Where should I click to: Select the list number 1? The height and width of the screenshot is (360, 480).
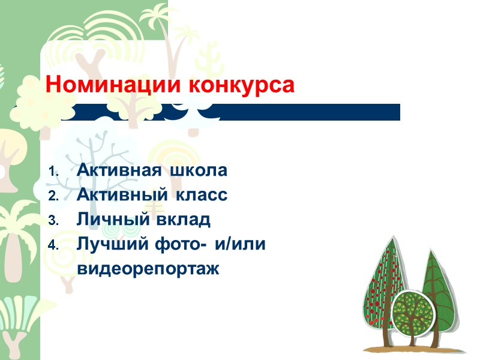[x=53, y=172]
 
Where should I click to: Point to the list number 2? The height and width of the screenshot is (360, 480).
[x=53, y=196]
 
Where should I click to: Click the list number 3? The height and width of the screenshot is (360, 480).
[x=53, y=221]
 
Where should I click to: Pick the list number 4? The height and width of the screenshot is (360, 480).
[x=53, y=245]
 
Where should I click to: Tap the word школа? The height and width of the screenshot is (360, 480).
[x=199, y=171]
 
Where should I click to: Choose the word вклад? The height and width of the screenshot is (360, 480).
[x=184, y=220]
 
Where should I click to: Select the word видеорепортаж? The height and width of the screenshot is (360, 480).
[x=149, y=269]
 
